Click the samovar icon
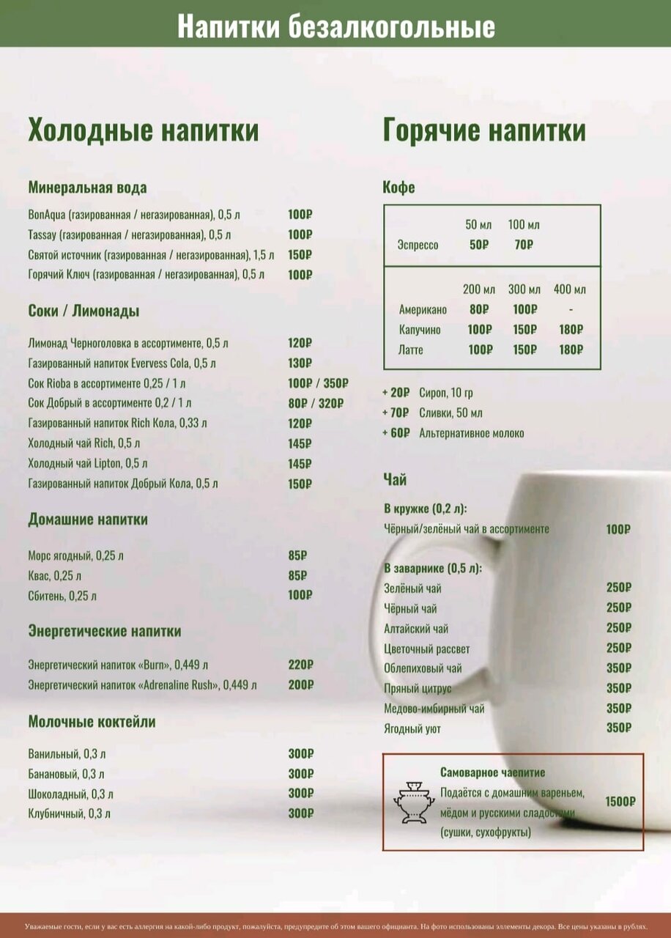(x=414, y=802)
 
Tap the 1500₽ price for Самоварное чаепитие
(x=620, y=801)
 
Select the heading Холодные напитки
(x=144, y=131)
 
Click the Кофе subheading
(x=398, y=188)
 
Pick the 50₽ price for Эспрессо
(x=478, y=245)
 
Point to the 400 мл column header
(x=570, y=289)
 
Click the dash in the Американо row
(x=571, y=309)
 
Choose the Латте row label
(x=410, y=350)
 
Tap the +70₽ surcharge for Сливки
(x=396, y=413)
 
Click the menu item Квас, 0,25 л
(x=55, y=575)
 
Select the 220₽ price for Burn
(x=300, y=665)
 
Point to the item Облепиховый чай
(x=423, y=668)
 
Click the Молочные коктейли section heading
(x=92, y=722)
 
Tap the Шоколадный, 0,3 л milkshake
(x=71, y=794)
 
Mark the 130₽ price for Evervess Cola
(x=300, y=363)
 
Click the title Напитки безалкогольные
(x=335, y=27)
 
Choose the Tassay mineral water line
(x=130, y=234)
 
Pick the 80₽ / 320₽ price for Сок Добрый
(x=316, y=403)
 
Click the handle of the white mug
(x=385, y=623)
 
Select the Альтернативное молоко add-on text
(x=471, y=433)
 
